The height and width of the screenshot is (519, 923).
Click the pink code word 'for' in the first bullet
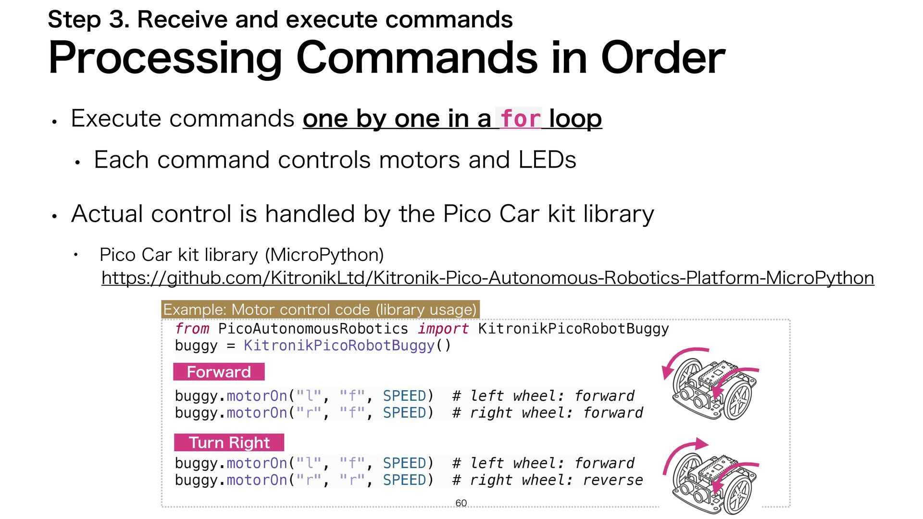point(520,119)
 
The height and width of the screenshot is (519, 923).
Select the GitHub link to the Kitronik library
point(487,278)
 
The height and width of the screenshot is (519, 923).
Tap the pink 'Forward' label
point(219,372)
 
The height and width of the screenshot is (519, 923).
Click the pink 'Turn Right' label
point(229,443)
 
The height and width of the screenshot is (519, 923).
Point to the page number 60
point(461,503)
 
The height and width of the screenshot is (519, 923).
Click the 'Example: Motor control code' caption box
point(320,309)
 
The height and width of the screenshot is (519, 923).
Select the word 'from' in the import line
point(192,329)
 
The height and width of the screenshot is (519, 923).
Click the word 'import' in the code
point(443,329)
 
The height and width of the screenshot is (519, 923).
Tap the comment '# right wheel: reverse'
point(548,480)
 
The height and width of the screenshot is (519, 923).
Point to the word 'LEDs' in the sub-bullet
point(547,160)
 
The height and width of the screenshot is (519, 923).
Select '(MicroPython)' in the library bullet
point(324,255)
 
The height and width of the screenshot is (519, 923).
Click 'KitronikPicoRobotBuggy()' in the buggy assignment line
point(347,346)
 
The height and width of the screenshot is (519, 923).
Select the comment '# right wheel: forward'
point(548,413)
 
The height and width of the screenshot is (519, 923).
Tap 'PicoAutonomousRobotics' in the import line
point(313,329)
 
